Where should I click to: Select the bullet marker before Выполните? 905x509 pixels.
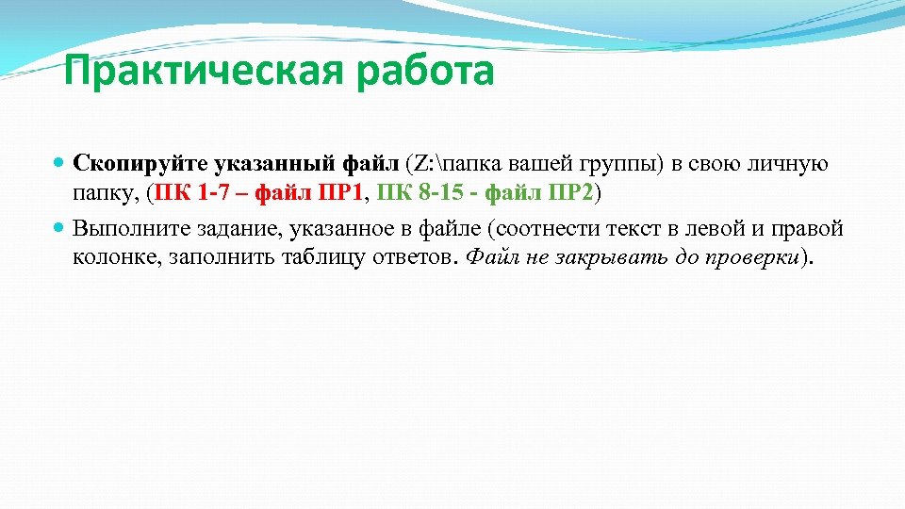(60, 228)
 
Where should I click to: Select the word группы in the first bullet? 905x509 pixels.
(626, 164)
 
